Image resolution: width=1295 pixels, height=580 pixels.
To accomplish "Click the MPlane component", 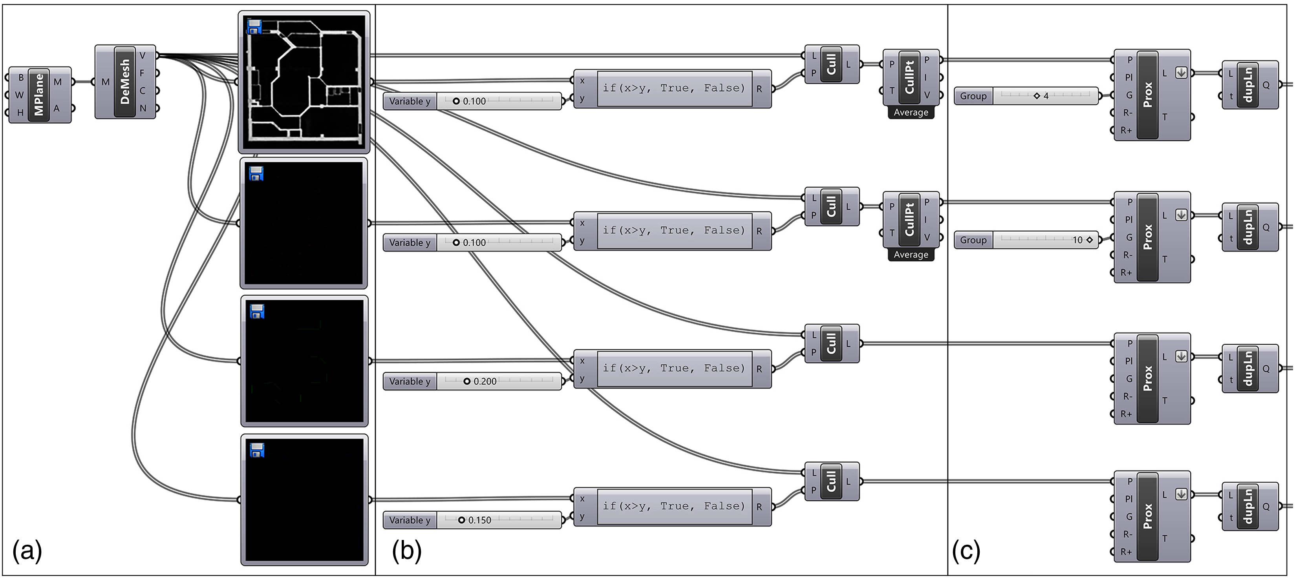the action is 40,95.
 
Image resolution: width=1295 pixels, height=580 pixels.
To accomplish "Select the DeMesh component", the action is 126,81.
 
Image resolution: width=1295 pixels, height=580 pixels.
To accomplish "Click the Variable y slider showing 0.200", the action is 472,381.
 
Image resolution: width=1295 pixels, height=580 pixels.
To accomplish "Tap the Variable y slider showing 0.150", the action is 472,520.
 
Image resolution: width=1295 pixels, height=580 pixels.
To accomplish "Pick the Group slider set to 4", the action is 1026,95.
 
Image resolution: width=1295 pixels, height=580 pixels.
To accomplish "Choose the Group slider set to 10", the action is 1026,240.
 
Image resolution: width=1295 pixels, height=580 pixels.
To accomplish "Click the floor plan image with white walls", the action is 304,82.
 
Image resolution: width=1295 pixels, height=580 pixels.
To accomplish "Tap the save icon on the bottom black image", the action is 257,450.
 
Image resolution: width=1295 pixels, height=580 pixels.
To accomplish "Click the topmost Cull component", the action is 832,64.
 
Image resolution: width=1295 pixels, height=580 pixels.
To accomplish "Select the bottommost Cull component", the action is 832,481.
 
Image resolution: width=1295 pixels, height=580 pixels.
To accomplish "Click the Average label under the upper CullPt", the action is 911,113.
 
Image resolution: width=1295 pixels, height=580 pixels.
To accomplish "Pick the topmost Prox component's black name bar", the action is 1148,95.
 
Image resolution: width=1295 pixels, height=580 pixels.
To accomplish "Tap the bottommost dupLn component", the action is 1250,506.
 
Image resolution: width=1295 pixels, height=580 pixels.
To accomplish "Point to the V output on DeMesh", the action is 143,55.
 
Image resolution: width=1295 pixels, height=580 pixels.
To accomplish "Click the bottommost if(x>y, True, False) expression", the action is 674,506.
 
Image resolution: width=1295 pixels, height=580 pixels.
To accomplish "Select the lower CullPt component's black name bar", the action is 909,220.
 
